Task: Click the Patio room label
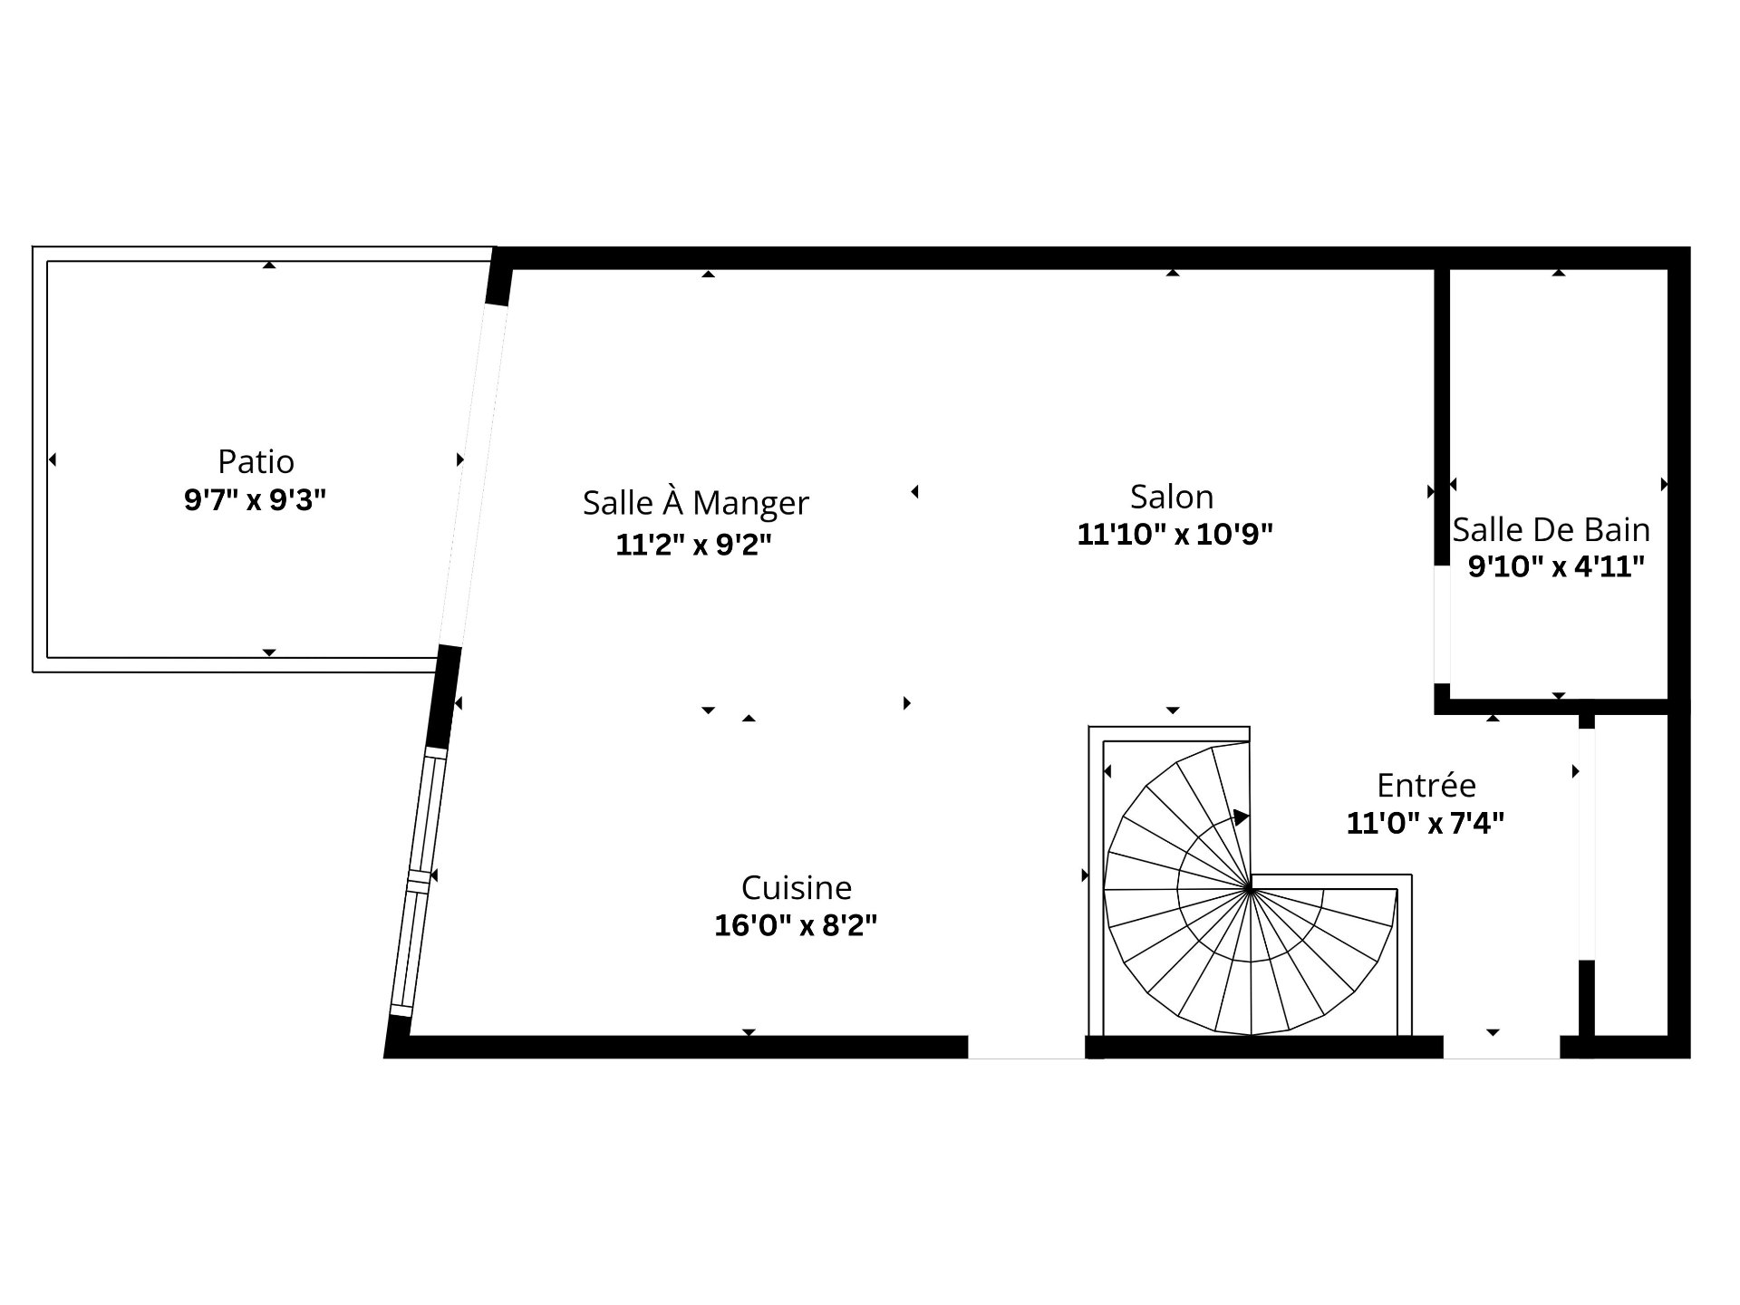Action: tap(256, 461)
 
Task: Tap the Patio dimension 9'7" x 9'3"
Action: tap(255, 499)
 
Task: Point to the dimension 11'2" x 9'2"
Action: tap(693, 545)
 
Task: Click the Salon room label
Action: tap(1172, 497)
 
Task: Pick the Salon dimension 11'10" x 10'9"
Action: tap(1174, 535)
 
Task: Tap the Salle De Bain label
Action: tap(1551, 529)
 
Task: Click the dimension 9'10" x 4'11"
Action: tap(1556, 567)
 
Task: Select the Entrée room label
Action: tap(1426, 784)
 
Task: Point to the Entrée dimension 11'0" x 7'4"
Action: tap(1426, 823)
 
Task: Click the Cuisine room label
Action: tap(797, 887)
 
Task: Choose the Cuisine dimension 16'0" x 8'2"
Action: tap(796, 925)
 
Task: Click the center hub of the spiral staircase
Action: tap(1250, 889)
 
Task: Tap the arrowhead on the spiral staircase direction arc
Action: tap(1241, 817)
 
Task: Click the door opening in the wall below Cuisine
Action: tap(1026, 1047)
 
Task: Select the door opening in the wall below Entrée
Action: tap(1501, 1047)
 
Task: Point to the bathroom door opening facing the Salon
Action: tap(1442, 624)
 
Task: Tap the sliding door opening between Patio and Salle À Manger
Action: tap(473, 475)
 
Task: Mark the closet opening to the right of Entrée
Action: tap(1586, 844)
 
